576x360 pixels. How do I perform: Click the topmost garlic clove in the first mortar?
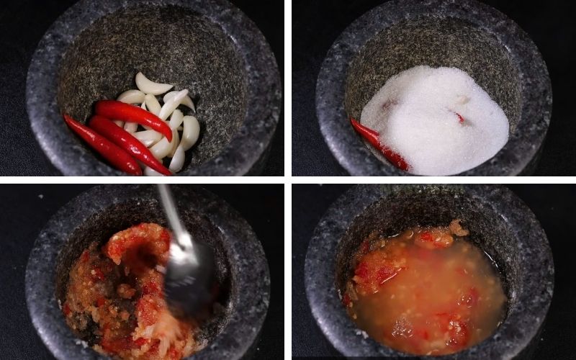tap(153, 84)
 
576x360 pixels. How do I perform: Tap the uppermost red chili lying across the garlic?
tap(133, 114)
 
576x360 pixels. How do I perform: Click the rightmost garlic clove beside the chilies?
tap(191, 132)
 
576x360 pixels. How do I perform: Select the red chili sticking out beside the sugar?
tap(378, 144)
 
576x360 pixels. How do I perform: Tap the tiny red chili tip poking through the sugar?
tap(459, 117)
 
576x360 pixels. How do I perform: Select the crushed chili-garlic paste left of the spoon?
tap(115, 274)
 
